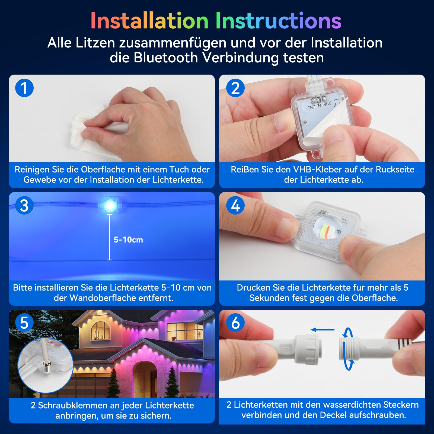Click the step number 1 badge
(x=24, y=88)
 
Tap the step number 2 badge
(x=235, y=88)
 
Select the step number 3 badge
(x=24, y=205)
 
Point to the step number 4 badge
(x=235, y=205)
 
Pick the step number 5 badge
(x=24, y=323)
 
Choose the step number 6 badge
(x=235, y=323)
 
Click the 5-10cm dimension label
(x=128, y=240)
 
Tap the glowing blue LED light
(x=110, y=206)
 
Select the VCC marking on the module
(x=327, y=104)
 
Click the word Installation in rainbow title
(x=149, y=21)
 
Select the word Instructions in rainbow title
(x=278, y=21)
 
